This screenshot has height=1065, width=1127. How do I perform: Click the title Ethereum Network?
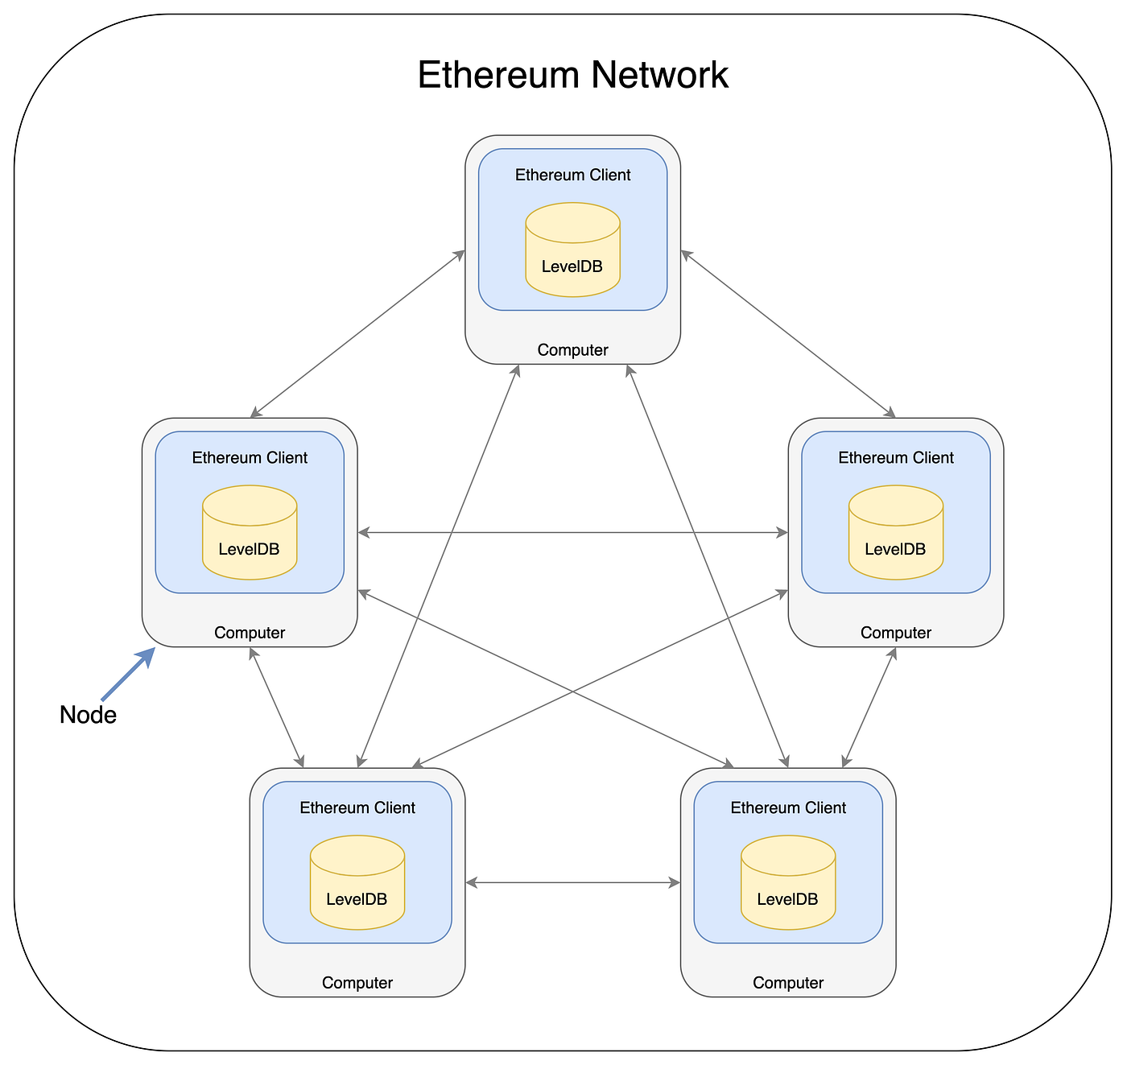572,76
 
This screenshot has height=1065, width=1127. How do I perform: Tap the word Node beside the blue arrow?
88,715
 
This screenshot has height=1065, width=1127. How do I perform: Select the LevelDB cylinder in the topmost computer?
572,250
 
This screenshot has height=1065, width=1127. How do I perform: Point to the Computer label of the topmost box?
572,350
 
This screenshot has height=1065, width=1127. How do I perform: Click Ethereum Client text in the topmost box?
572,175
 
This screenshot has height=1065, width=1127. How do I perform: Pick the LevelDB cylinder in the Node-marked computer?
250,533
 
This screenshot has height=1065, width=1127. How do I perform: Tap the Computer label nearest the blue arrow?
250,633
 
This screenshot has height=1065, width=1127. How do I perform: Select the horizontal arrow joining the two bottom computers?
572,883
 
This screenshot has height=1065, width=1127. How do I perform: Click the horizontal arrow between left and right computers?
572,532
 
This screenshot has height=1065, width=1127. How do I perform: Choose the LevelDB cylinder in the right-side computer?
895,533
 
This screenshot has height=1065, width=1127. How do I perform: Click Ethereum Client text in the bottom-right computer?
788,807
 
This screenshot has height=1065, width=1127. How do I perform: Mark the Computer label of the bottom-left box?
357,983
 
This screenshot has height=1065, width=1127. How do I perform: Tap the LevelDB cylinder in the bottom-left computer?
357,883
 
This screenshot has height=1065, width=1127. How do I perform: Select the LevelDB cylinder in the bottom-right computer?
788,883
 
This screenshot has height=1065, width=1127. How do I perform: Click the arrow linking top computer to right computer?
787,333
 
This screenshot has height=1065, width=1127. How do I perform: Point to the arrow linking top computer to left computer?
358,333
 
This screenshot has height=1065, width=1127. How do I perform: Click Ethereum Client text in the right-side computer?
895,457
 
